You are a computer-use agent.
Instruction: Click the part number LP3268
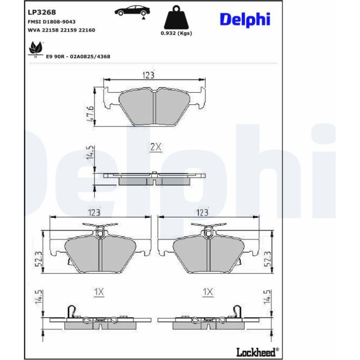pyautogui.click(x=42, y=12)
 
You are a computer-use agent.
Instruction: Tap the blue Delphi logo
pyautogui.click(x=245, y=20)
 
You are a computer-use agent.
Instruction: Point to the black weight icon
pyautogui.click(x=176, y=17)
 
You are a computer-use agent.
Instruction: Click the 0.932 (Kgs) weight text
pyautogui.click(x=176, y=33)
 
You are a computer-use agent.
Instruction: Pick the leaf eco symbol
pyautogui.click(x=36, y=49)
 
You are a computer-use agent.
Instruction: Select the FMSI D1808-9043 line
pyautogui.click(x=51, y=22)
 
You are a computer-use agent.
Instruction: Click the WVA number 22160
pyautogui.click(x=87, y=30)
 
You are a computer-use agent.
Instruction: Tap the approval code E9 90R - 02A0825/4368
pyautogui.click(x=78, y=57)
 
